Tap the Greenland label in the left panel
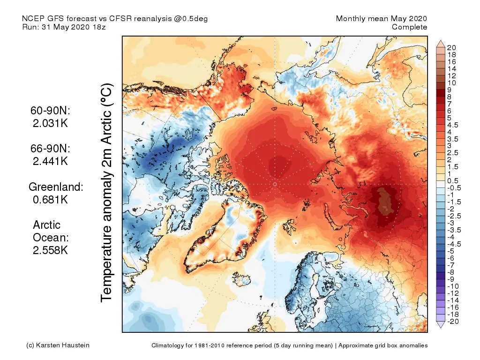pos(56,187)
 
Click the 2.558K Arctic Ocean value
pos(50,250)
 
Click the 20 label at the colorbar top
pos(451,47)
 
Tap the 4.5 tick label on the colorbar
pos(453,125)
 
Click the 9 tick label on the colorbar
pos(450,90)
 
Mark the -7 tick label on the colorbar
pos(451,265)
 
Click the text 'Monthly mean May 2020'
pos(382,18)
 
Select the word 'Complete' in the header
pos(409,27)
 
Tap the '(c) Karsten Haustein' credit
pos(58,345)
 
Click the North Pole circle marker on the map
pos(274,185)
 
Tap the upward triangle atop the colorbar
pos(441,44)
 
